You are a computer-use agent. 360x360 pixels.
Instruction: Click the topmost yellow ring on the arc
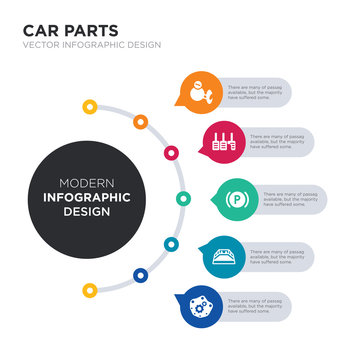(x=90, y=106)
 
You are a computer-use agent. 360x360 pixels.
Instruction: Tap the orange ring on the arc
(x=140, y=122)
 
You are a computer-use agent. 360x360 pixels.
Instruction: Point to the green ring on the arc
(x=182, y=198)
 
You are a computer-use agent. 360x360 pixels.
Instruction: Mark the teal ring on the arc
(x=171, y=243)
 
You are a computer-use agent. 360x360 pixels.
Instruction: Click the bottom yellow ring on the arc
(x=90, y=291)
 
